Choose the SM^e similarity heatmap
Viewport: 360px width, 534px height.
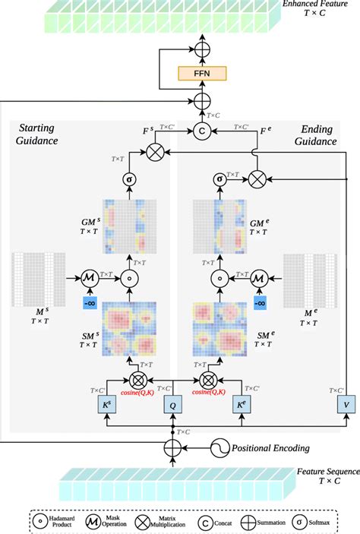click(222, 328)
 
